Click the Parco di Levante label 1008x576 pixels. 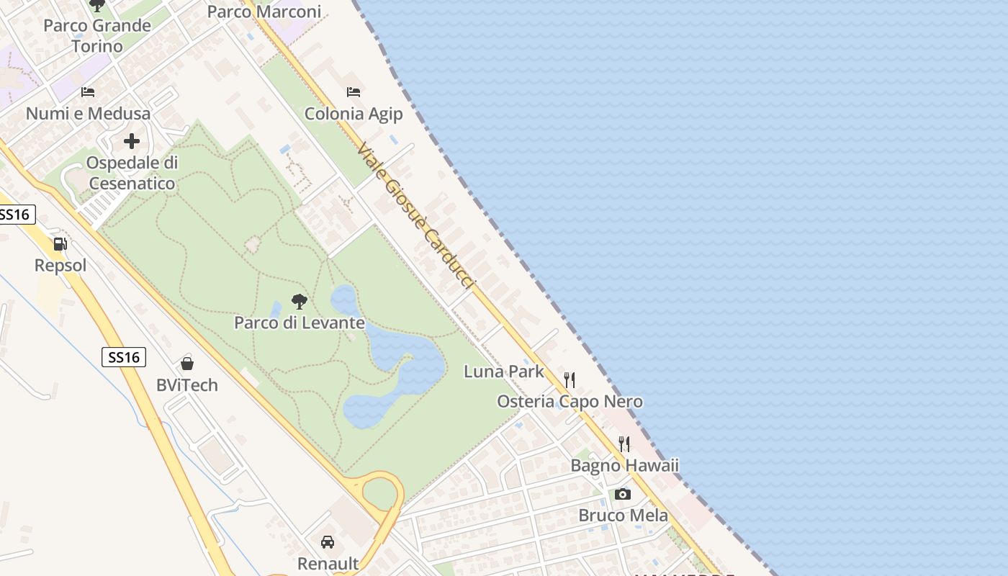(x=300, y=323)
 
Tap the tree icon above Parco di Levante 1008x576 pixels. (x=300, y=301)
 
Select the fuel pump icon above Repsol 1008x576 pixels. (x=60, y=245)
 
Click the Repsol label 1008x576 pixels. (x=60, y=266)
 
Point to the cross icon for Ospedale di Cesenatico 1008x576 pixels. (x=131, y=141)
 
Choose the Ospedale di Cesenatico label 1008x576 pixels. (x=132, y=173)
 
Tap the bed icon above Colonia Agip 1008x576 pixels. (x=353, y=92)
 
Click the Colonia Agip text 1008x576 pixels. (x=354, y=114)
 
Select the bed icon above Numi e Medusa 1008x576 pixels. (x=88, y=92)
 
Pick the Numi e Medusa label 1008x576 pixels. (x=88, y=114)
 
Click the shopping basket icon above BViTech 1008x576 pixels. (x=187, y=364)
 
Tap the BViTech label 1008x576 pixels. (x=187, y=385)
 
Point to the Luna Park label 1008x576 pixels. (x=504, y=372)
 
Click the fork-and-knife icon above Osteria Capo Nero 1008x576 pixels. (x=570, y=379)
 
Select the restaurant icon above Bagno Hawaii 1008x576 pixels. (x=624, y=444)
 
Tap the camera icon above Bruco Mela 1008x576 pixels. (x=623, y=494)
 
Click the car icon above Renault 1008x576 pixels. (x=328, y=541)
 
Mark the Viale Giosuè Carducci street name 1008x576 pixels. (x=416, y=216)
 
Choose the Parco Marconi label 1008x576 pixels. (x=264, y=12)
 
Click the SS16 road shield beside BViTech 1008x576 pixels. (x=124, y=357)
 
